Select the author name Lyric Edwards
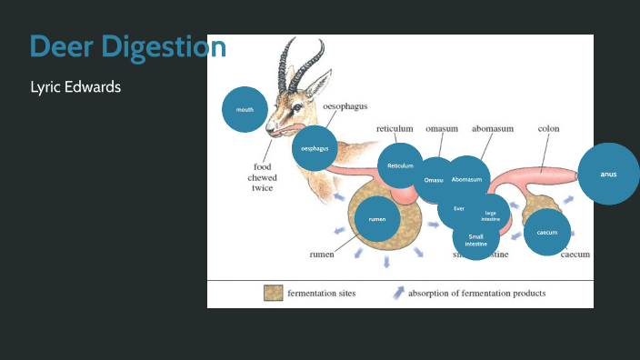click(75, 87)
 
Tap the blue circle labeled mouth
click(245, 109)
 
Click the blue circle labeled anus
click(608, 174)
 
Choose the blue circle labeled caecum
click(547, 232)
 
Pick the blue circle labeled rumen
click(376, 220)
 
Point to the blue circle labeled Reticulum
click(401, 165)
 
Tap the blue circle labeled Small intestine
click(475, 240)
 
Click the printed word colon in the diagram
click(548, 129)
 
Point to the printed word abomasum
click(493, 129)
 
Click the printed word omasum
click(442, 129)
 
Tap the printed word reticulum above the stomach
click(395, 129)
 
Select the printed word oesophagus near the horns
click(345, 107)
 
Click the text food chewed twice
click(263, 177)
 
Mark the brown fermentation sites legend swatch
click(273, 293)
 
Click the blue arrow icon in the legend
click(398, 293)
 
